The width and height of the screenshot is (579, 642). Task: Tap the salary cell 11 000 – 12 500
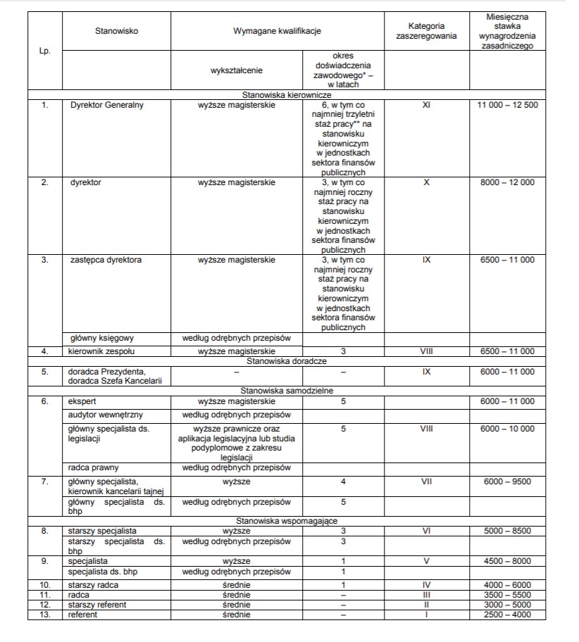(507, 105)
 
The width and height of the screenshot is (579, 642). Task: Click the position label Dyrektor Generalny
(107, 105)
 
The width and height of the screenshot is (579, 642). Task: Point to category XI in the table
(425, 105)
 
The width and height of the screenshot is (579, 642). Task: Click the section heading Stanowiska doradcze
(285, 361)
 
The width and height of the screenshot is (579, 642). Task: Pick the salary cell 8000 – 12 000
(507, 182)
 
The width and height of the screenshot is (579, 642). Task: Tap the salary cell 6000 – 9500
(507, 481)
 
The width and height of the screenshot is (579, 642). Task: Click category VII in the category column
(425, 481)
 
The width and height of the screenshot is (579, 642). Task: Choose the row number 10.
(44, 585)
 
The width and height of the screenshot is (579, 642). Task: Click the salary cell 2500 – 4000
(507, 615)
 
